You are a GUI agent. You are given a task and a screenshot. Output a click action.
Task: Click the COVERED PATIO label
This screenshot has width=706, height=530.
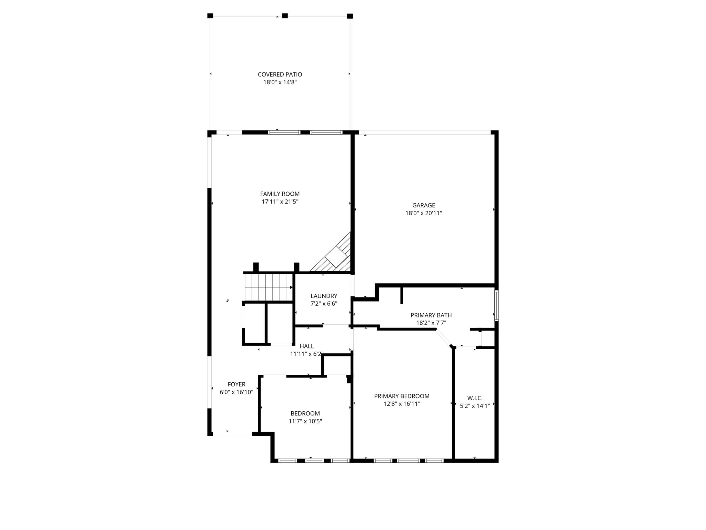280,75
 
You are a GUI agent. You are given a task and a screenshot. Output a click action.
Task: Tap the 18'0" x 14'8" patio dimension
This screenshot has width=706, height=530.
280,82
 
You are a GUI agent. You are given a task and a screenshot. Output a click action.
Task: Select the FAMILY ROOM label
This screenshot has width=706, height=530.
280,194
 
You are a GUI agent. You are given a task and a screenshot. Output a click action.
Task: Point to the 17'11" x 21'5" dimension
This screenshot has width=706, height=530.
280,202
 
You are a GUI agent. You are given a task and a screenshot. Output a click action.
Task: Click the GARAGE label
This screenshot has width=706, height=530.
424,205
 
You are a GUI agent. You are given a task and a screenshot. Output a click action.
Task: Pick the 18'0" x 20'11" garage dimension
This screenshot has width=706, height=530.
424,213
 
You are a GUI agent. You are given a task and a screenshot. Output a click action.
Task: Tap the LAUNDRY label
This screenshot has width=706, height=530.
324,296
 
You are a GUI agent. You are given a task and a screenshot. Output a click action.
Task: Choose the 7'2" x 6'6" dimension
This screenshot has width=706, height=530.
324,304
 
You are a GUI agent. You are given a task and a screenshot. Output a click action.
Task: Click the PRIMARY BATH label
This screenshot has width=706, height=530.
431,315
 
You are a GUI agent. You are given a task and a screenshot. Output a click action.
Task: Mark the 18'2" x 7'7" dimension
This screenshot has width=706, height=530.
431,323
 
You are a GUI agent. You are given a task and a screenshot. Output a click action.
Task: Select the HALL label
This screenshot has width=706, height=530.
307,346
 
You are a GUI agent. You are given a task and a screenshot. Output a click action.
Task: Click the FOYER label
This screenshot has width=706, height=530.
236,384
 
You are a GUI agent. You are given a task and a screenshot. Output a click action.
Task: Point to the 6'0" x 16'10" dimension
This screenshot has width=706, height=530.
236,392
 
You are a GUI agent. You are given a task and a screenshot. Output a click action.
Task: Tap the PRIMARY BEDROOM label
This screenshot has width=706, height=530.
402,396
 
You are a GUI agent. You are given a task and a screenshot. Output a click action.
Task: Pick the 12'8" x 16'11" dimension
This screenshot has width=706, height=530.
402,404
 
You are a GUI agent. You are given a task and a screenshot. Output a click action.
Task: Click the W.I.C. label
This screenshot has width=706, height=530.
475,399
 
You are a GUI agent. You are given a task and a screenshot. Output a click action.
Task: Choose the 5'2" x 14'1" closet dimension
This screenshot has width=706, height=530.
475,406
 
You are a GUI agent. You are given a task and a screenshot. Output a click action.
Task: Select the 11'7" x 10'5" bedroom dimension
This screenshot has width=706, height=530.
305,421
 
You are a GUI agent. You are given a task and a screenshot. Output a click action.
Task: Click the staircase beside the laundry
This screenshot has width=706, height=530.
269,287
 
